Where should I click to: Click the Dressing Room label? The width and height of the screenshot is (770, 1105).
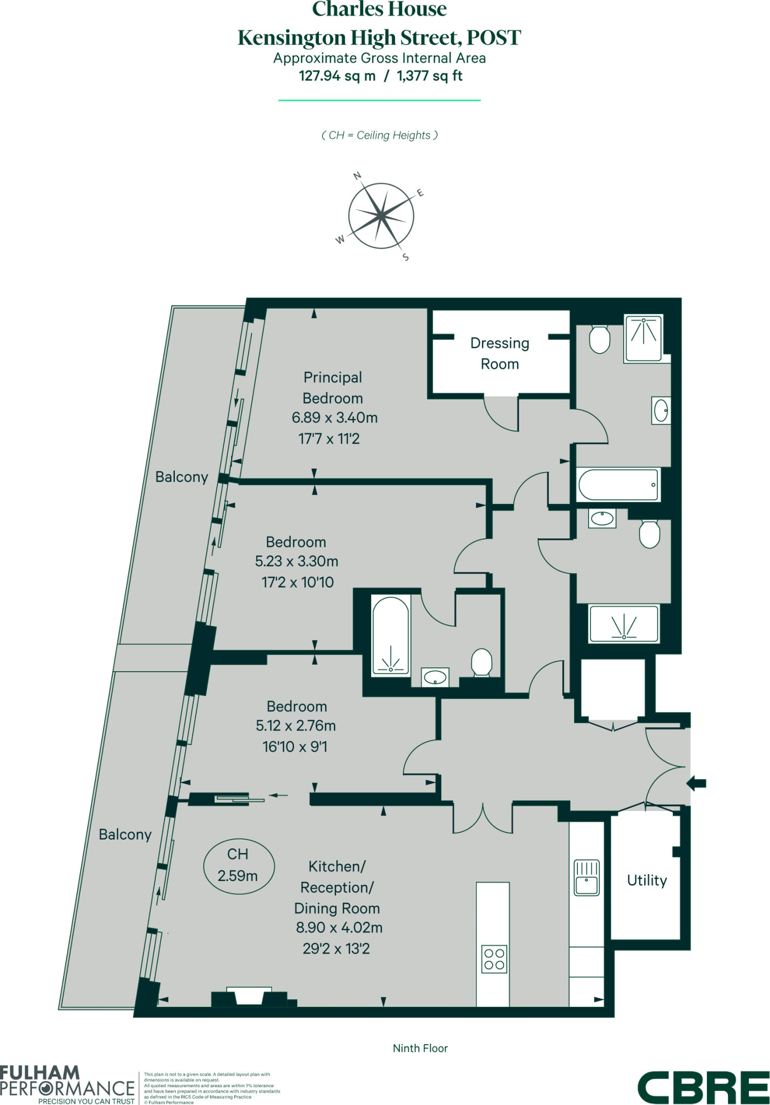coord(500,353)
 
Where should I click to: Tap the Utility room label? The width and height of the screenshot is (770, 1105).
coord(646,880)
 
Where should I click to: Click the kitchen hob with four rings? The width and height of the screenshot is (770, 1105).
coord(494,959)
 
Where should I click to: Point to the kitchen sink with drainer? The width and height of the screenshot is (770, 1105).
coord(587,878)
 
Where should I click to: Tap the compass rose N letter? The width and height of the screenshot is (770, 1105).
coord(357,176)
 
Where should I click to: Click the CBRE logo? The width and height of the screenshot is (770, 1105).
coord(703,1087)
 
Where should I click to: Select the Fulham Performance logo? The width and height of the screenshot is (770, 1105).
coord(67,1084)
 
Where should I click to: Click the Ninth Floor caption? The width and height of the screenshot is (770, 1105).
coord(420,1048)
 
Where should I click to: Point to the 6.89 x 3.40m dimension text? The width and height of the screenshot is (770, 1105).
coord(335,418)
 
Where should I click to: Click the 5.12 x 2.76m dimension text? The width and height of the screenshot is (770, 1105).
coord(296,726)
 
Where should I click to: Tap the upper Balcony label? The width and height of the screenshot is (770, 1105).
coord(181,477)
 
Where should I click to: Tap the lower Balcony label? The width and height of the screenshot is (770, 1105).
coord(125,835)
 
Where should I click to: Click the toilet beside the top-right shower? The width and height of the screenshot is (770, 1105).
coord(599,339)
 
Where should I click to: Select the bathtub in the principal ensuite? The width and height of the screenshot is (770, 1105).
coord(618,485)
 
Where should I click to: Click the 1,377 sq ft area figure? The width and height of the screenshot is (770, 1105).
coord(430,76)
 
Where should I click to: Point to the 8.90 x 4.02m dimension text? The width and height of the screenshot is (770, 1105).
coord(339,927)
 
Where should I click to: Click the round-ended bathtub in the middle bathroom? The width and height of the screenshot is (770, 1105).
coord(391,635)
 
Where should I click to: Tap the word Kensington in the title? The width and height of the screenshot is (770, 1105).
coord(291,38)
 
